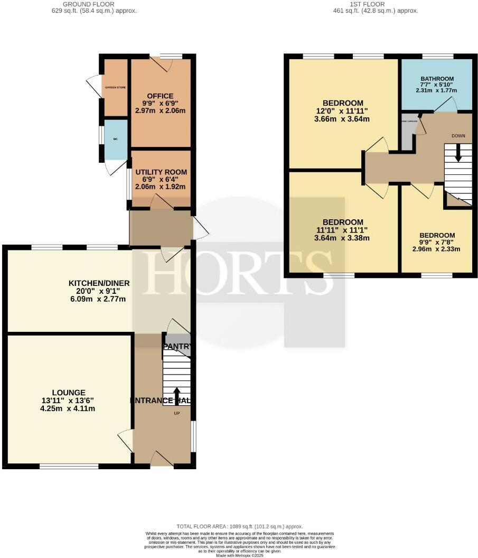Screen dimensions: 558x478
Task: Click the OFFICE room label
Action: [160, 96]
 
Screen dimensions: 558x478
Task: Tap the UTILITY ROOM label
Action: [161, 172]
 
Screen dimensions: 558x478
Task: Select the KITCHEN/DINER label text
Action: [99, 283]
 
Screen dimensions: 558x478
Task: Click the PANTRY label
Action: [177, 347]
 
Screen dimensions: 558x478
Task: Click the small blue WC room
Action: [116, 139]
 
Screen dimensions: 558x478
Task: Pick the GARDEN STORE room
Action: [116, 88]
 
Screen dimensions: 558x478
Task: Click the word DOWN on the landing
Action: [458, 136]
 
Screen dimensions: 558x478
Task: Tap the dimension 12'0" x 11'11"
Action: [343, 111]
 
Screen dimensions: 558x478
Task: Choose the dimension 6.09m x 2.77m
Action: [99, 299]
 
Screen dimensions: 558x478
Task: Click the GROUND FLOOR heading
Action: [91, 4]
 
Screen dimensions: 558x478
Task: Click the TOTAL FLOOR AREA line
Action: [239, 527]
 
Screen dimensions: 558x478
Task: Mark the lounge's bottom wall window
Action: [69, 466]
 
